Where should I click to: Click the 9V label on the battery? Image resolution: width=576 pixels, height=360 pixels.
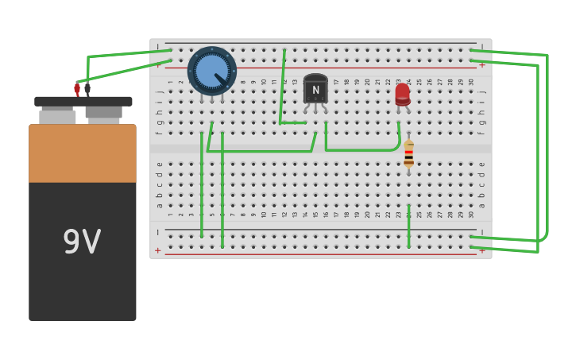point(82,242)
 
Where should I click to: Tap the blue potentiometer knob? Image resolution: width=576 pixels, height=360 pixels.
point(211,71)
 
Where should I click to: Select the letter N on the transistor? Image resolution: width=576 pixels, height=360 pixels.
point(315,90)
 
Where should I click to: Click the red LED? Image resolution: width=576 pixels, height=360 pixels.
point(403,94)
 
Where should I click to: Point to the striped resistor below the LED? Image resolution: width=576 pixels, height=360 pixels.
point(408,154)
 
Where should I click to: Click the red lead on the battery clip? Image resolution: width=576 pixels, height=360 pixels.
point(77,89)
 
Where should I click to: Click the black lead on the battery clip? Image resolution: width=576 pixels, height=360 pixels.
point(87,89)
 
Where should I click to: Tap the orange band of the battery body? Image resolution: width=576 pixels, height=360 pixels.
point(82,153)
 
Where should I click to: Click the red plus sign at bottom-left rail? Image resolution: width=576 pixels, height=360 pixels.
point(157,250)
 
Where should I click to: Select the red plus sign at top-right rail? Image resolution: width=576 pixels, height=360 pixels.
point(482,65)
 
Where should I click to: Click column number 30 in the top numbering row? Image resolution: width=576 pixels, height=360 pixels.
point(471,81)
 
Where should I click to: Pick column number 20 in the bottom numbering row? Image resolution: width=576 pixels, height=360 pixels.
point(368,214)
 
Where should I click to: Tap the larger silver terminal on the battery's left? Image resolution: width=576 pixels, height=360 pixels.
point(57,116)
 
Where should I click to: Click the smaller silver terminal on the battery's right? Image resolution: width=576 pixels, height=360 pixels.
point(104,116)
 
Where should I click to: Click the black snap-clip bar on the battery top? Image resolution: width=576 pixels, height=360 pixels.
point(83,102)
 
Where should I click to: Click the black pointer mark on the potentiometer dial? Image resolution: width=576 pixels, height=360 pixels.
point(220,79)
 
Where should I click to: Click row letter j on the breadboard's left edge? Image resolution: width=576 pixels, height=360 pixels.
point(159,91)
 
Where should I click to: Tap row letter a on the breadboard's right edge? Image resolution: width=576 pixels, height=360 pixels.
point(481,205)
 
